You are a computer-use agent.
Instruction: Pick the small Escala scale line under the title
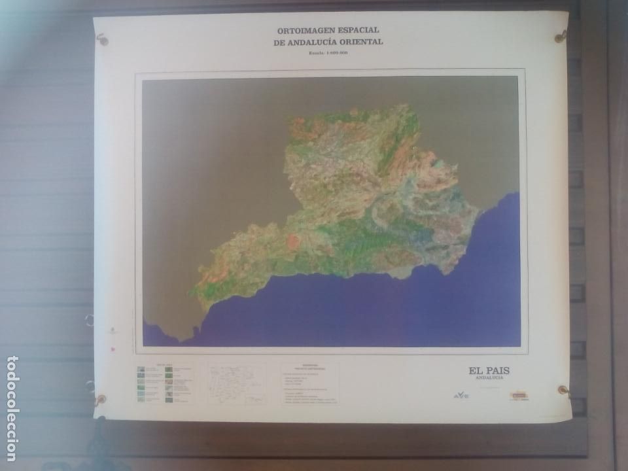point(328,52)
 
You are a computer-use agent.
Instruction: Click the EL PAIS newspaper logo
point(489,371)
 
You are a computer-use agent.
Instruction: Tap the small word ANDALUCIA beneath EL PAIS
point(489,378)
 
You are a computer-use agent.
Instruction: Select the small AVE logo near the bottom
point(462,394)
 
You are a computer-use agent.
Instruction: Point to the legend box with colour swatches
point(165,383)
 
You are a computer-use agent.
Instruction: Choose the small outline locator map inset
point(237,383)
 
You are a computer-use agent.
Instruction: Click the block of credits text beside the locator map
point(310,385)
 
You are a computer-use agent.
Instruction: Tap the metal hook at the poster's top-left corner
point(102,40)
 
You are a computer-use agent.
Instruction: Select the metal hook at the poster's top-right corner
point(561,37)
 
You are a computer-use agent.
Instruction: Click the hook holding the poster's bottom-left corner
point(99,399)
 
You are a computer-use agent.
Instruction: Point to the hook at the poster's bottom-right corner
point(563,391)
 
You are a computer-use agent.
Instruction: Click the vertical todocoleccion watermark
point(12,408)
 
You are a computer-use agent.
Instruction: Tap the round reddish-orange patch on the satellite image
point(292,240)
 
